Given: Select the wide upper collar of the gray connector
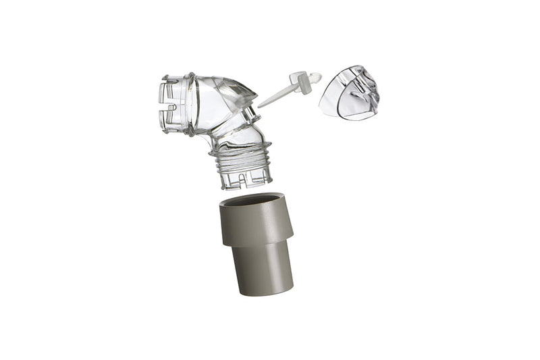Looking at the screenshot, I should click(x=257, y=222).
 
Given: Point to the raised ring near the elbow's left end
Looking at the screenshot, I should click(x=190, y=105).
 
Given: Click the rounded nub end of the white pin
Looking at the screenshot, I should click(x=315, y=78).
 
